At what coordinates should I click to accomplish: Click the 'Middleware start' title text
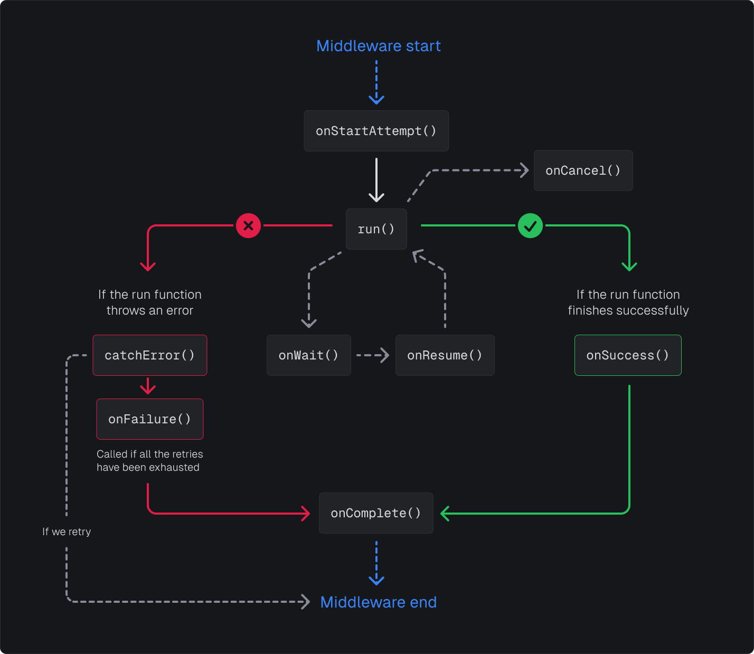[378, 46]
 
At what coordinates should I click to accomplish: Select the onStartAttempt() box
[376, 131]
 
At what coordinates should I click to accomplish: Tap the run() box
[376, 229]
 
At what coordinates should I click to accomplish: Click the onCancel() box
[583, 170]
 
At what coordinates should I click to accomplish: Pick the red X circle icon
[248, 226]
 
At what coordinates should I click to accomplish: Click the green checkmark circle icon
[530, 226]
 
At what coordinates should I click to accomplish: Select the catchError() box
[150, 355]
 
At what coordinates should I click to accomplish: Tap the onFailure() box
[150, 419]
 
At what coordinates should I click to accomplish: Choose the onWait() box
[308, 355]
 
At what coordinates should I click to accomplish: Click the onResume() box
[445, 355]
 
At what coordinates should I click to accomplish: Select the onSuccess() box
[628, 355]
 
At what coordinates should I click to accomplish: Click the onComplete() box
[376, 513]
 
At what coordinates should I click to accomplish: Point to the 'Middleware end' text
[378, 602]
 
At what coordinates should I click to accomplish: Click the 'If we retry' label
[67, 532]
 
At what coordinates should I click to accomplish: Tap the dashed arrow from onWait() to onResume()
[373, 355]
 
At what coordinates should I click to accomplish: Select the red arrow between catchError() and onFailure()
[148, 386]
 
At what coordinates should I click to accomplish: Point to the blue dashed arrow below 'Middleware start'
[376, 82]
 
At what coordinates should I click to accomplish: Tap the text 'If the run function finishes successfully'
[628, 302]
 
